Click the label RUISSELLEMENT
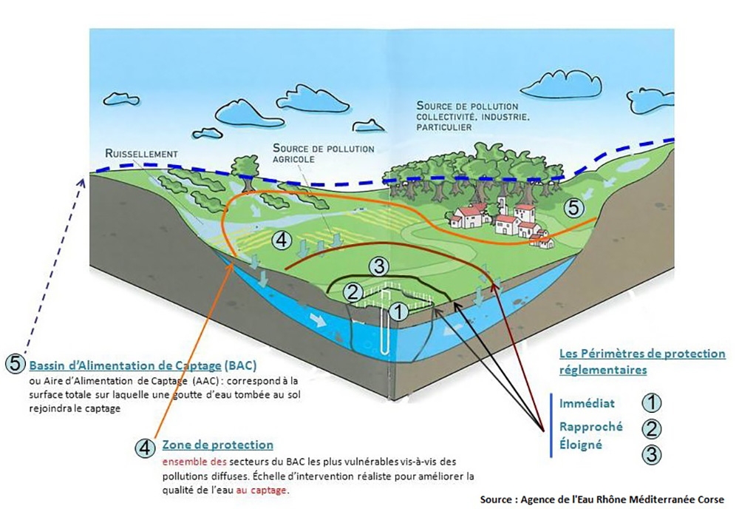pos(142,154)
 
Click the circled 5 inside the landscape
pos(573,208)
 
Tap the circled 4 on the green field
pos(282,240)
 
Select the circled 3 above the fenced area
pos(378,266)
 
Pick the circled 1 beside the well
pos(399,311)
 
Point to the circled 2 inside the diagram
pos(353,292)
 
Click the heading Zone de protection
pos(218,445)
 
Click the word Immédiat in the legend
pos(587,404)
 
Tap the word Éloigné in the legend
pos(581,445)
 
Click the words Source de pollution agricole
pos(324,153)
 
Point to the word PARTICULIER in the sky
pos(443,127)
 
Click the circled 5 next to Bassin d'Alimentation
pos(15,363)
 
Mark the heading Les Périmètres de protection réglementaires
pos(642,361)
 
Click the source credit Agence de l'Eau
pos(602,499)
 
